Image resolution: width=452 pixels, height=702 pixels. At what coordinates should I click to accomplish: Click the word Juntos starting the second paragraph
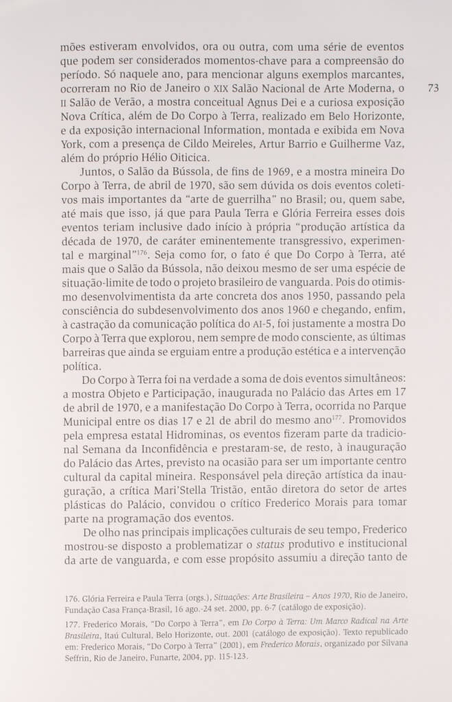coord(99,178)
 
